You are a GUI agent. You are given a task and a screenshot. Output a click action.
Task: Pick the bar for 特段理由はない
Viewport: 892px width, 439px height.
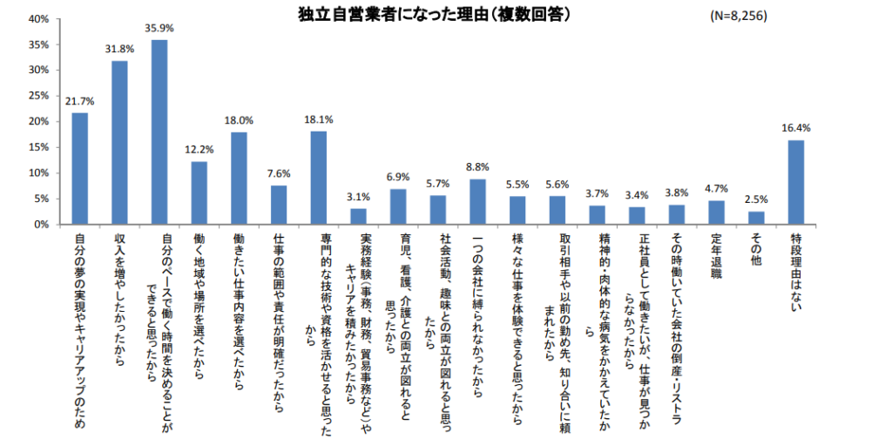click(x=796, y=182)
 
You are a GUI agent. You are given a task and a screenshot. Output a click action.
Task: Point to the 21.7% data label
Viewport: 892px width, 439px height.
click(x=79, y=102)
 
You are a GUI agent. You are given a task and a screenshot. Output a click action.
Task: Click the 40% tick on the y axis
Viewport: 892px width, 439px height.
click(x=37, y=18)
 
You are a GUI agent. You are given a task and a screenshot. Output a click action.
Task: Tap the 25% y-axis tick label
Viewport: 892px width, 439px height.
click(x=37, y=96)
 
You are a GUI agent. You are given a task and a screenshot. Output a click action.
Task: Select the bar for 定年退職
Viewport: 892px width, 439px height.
click(x=716, y=213)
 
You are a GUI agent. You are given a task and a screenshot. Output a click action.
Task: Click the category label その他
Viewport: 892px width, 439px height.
click(x=756, y=247)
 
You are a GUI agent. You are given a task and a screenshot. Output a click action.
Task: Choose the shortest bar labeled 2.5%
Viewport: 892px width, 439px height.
click(x=756, y=218)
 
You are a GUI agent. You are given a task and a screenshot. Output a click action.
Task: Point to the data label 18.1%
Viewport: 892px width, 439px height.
click(x=318, y=120)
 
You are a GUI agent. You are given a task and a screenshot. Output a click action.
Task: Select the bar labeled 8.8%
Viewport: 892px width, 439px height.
click(x=477, y=202)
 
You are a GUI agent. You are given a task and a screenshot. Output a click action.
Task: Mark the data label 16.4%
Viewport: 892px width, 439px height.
click(x=796, y=128)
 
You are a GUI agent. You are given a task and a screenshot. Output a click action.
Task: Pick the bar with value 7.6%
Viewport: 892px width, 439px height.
click(x=279, y=205)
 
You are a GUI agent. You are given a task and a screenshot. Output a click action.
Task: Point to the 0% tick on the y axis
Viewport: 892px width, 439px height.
click(x=41, y=225)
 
